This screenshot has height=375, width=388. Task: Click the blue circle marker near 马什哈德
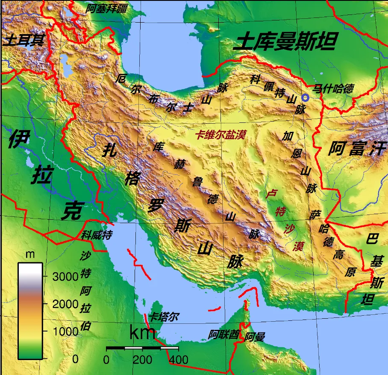[305, 98]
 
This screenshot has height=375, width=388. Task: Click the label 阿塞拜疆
[106, 8]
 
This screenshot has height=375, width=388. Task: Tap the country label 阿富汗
[357, 149]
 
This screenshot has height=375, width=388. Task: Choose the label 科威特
[97, 235]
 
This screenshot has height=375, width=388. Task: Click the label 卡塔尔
[164, 317]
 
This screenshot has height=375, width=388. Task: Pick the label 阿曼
[255, 337]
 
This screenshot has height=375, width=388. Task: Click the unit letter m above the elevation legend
[30, 255]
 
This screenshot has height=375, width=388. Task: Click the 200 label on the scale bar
[142, 360]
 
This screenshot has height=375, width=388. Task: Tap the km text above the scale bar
[142, 333]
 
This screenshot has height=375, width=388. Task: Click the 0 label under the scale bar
[106, 360]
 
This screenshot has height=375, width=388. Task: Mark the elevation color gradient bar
[30, 311]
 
